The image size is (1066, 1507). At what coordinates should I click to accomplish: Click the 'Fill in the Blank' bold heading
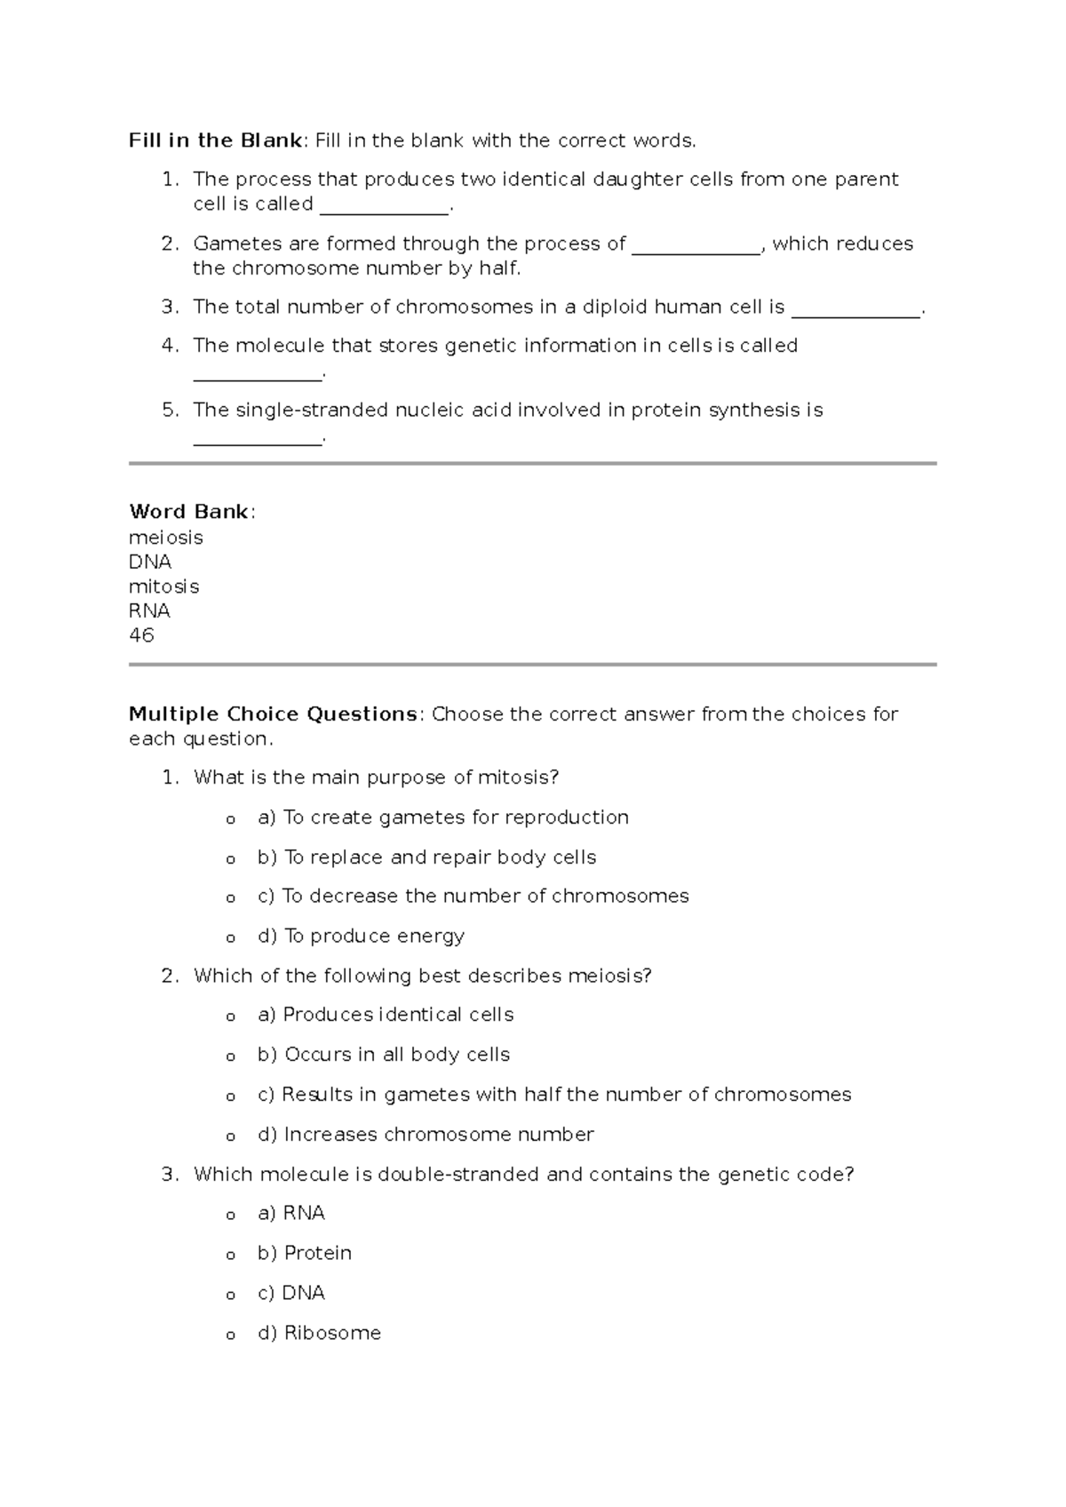pos(216,140)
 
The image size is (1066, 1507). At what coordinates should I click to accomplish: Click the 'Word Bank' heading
pos(189,512)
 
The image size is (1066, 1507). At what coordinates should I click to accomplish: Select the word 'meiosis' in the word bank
pos(166,538)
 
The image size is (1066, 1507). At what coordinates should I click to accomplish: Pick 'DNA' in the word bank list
pos(150,562)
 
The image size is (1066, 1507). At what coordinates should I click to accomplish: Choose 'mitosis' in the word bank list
pos(164,586)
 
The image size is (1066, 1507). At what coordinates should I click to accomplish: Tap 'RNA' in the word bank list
pos(150,610)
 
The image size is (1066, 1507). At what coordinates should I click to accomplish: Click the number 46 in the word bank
pos(142,635)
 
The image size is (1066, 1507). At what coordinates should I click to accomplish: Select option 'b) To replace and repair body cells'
pos(427,857)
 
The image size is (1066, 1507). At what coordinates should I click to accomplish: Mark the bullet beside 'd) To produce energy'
pos(231,938)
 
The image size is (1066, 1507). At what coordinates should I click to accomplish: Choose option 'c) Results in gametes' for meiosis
pos(554,1095)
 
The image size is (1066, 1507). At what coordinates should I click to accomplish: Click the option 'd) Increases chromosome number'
pos(426,1135)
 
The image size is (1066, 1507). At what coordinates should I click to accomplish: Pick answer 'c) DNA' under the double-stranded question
pos(291,1293)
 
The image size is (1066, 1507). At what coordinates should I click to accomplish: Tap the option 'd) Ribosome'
pos(319,1333)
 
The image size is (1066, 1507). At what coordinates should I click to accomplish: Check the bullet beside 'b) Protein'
pos(231,1256)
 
